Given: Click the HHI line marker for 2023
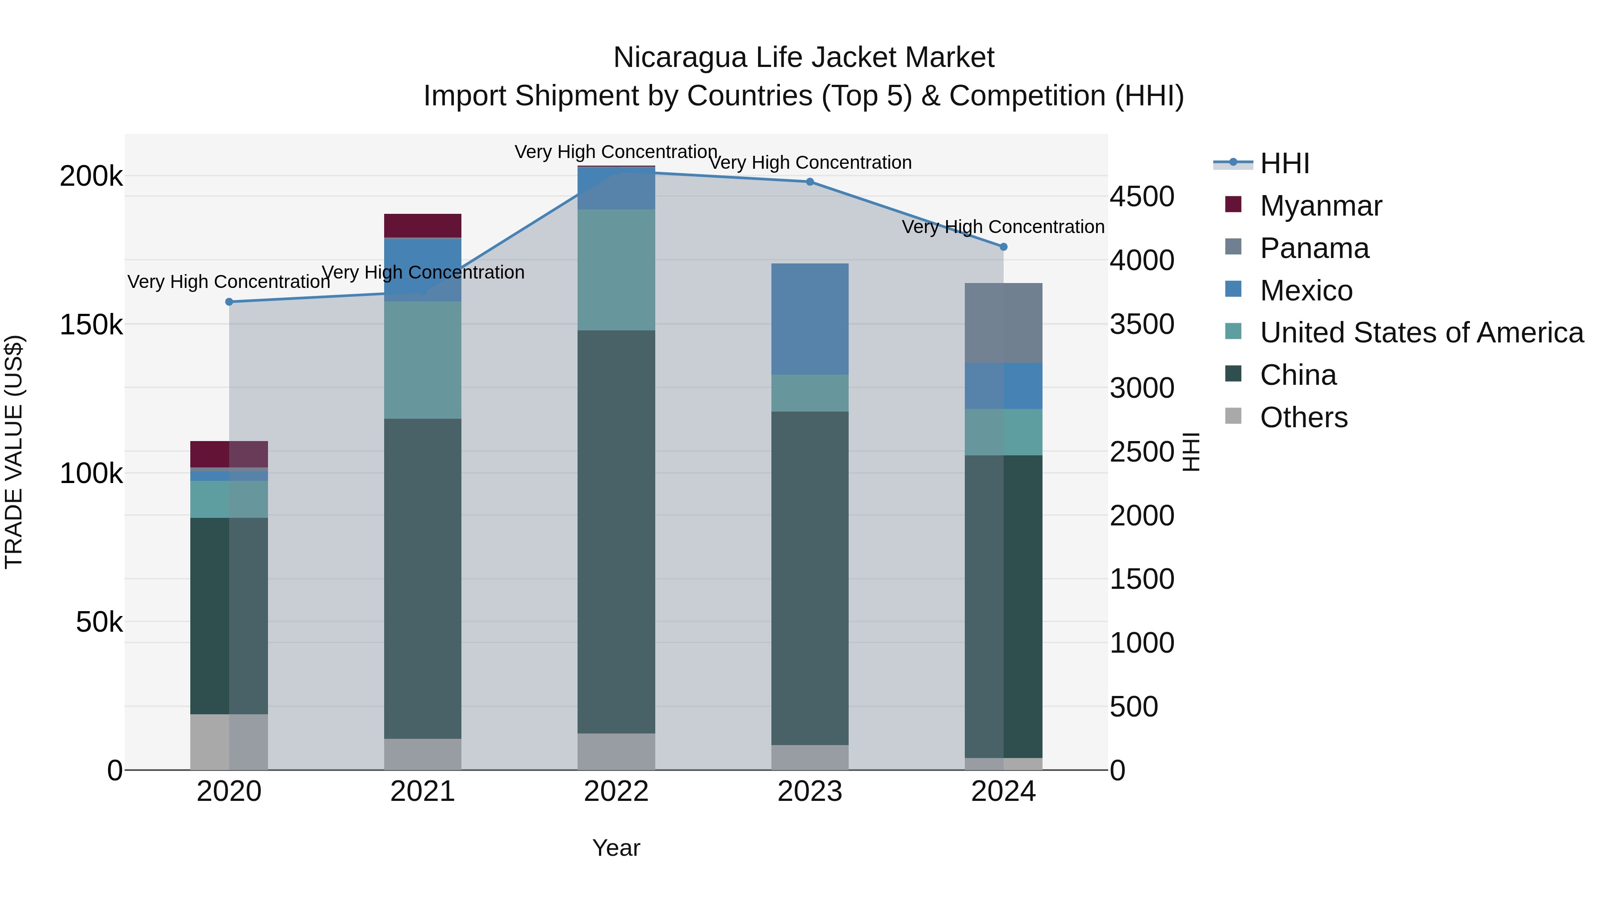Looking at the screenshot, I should (x=810, y=182).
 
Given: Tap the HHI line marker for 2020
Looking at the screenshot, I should (x=229, y=302).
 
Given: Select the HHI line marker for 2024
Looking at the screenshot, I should (x=1003, y=247).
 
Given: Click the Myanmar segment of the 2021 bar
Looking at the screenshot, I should (x=423, y=226).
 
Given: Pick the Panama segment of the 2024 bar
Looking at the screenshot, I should (x=1003, y=323).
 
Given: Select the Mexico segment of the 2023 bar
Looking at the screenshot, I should (x=810, y=319).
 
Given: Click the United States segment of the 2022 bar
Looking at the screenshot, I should (x=616, y=270).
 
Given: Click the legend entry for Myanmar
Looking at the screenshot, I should (x=1320, y=206).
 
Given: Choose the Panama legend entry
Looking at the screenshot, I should (x=1314, y=248).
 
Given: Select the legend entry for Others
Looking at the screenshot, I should (x=1303, y=417).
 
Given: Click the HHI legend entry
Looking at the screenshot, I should (x=1284, y=163).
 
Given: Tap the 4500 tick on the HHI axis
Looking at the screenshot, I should (x=1141, y=196).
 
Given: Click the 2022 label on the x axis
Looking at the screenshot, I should (x=616, y=792).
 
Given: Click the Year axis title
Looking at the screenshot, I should (x=616, y=848).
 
